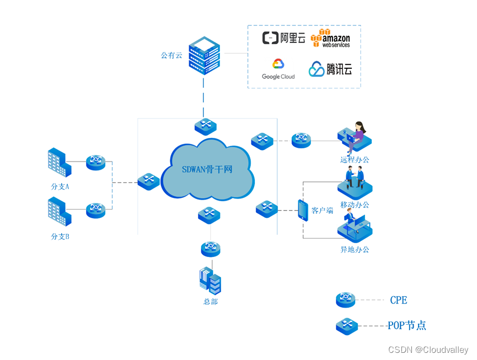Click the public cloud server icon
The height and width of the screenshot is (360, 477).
(x=204, y=55)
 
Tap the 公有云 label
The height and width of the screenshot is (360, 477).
(x=171, y=55)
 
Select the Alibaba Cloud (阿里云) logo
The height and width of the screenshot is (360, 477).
(x=283, y=38)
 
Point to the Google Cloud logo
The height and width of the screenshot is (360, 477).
(x=278, y=69)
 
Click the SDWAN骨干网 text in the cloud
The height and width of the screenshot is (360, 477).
(x=207, y=169)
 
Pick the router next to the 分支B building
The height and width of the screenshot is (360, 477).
(x=96, y=210)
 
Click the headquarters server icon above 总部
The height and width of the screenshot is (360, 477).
(x=210, y=281)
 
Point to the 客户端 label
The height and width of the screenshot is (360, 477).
(x=323, y=211)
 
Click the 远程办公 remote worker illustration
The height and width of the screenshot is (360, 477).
(x=355, y=137)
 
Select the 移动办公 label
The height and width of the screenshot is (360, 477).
(x=355, y=205)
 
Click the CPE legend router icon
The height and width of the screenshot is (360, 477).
(x=346, y=300)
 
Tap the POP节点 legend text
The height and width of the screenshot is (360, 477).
(x=407, y=325)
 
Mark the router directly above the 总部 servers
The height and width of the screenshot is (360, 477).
(x=210, y=249)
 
